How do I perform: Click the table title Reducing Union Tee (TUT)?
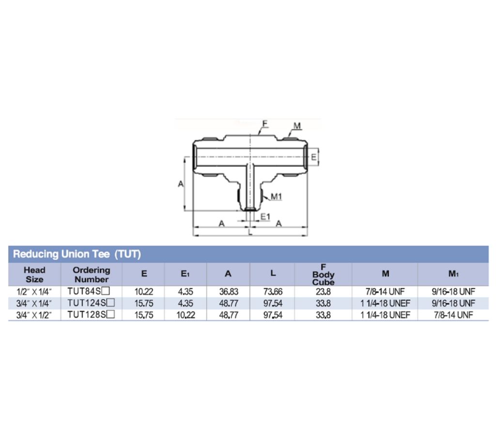(76, 253)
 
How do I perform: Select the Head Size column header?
(34, 275)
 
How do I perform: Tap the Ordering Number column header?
(92, 275)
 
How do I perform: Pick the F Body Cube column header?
(323, 275)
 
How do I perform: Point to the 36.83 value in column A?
(228, 291)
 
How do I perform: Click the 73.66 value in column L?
(273, 291)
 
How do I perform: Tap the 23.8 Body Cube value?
(323, 291)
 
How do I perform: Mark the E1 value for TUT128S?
(186, 314)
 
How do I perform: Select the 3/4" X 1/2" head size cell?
(34, 314)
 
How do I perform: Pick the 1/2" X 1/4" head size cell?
(34, 291)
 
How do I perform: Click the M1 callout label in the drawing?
(277, 196)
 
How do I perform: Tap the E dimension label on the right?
(313, 157)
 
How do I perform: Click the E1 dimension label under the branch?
(265, 216)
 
